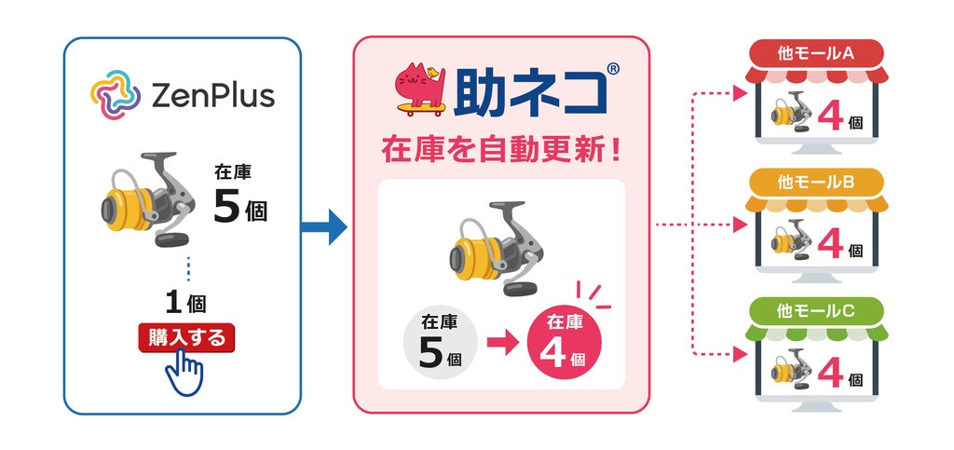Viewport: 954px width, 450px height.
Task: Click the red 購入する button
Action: coord(186,337)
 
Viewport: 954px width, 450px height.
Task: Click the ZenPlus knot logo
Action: coord(116,95)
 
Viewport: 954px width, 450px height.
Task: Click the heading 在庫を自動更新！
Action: coord(501,150)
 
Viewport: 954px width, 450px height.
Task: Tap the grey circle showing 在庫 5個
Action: coord(441,341)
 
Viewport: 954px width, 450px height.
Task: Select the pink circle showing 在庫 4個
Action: coord(564,341)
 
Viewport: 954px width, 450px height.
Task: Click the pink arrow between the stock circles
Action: coord(502,342)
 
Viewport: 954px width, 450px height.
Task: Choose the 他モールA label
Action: coord(816,53)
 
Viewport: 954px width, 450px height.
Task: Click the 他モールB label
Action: coord(816,182)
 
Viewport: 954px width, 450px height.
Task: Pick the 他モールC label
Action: coord(816,311)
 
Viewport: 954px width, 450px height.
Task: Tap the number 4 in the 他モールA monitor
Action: coord(830,116)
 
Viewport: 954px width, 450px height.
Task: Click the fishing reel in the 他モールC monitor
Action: coord(792,369)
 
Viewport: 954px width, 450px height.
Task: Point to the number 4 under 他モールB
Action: coord(830,243)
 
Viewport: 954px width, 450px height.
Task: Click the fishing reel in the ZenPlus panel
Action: coord(148,198)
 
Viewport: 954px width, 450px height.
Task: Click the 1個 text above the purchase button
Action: coord(185,302)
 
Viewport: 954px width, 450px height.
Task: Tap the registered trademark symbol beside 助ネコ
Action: coord(613,69)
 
